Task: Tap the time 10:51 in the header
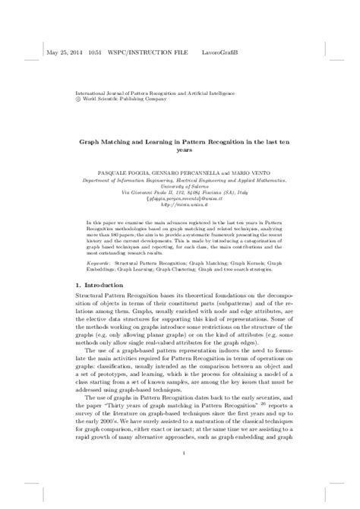(96, 54)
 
